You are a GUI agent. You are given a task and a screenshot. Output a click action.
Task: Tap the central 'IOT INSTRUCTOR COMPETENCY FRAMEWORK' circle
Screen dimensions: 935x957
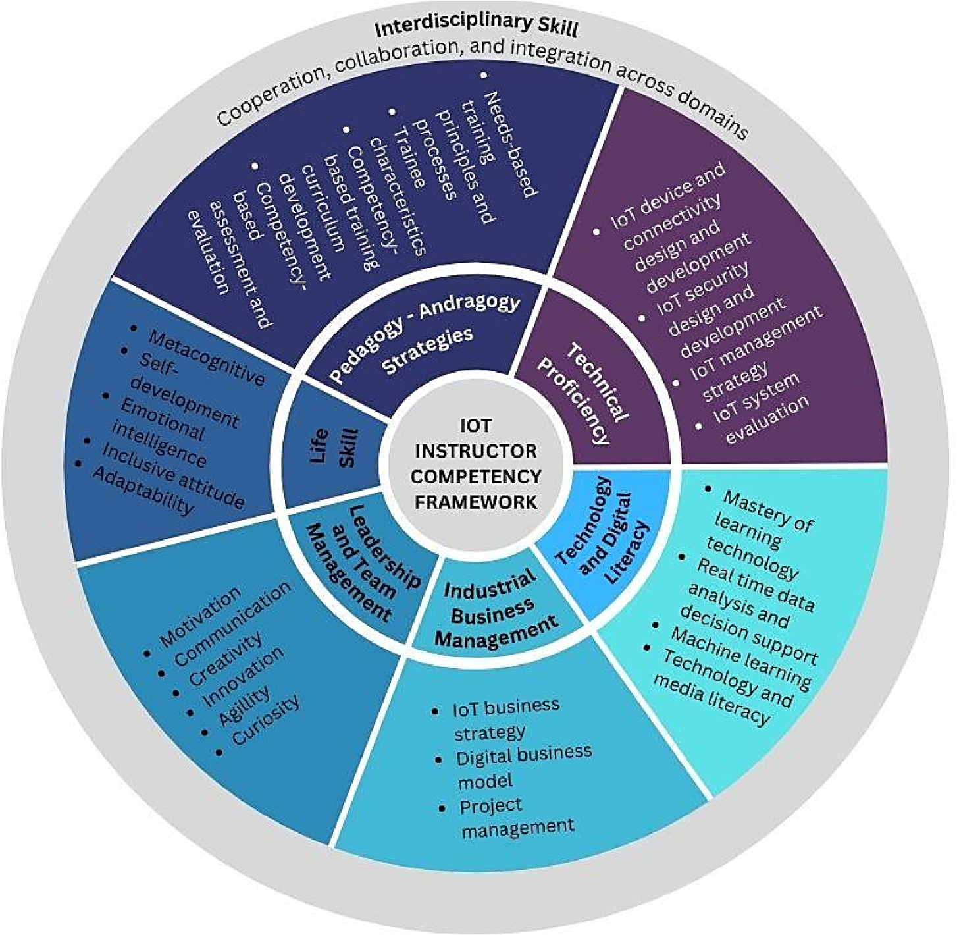click(x=476, y=464)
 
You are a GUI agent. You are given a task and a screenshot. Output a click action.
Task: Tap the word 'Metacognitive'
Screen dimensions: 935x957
click(x=206, y=358)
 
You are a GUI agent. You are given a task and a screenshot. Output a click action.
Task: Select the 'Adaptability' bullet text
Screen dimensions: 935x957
click(x=143, y=491)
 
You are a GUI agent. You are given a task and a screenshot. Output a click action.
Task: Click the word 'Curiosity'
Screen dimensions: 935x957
click(x=266, y=720)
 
